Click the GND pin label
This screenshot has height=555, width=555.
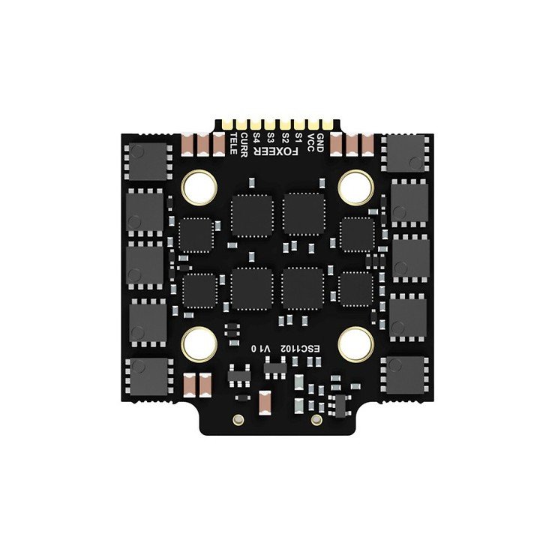coord(320,139)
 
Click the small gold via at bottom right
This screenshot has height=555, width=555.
coord(316,418)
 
